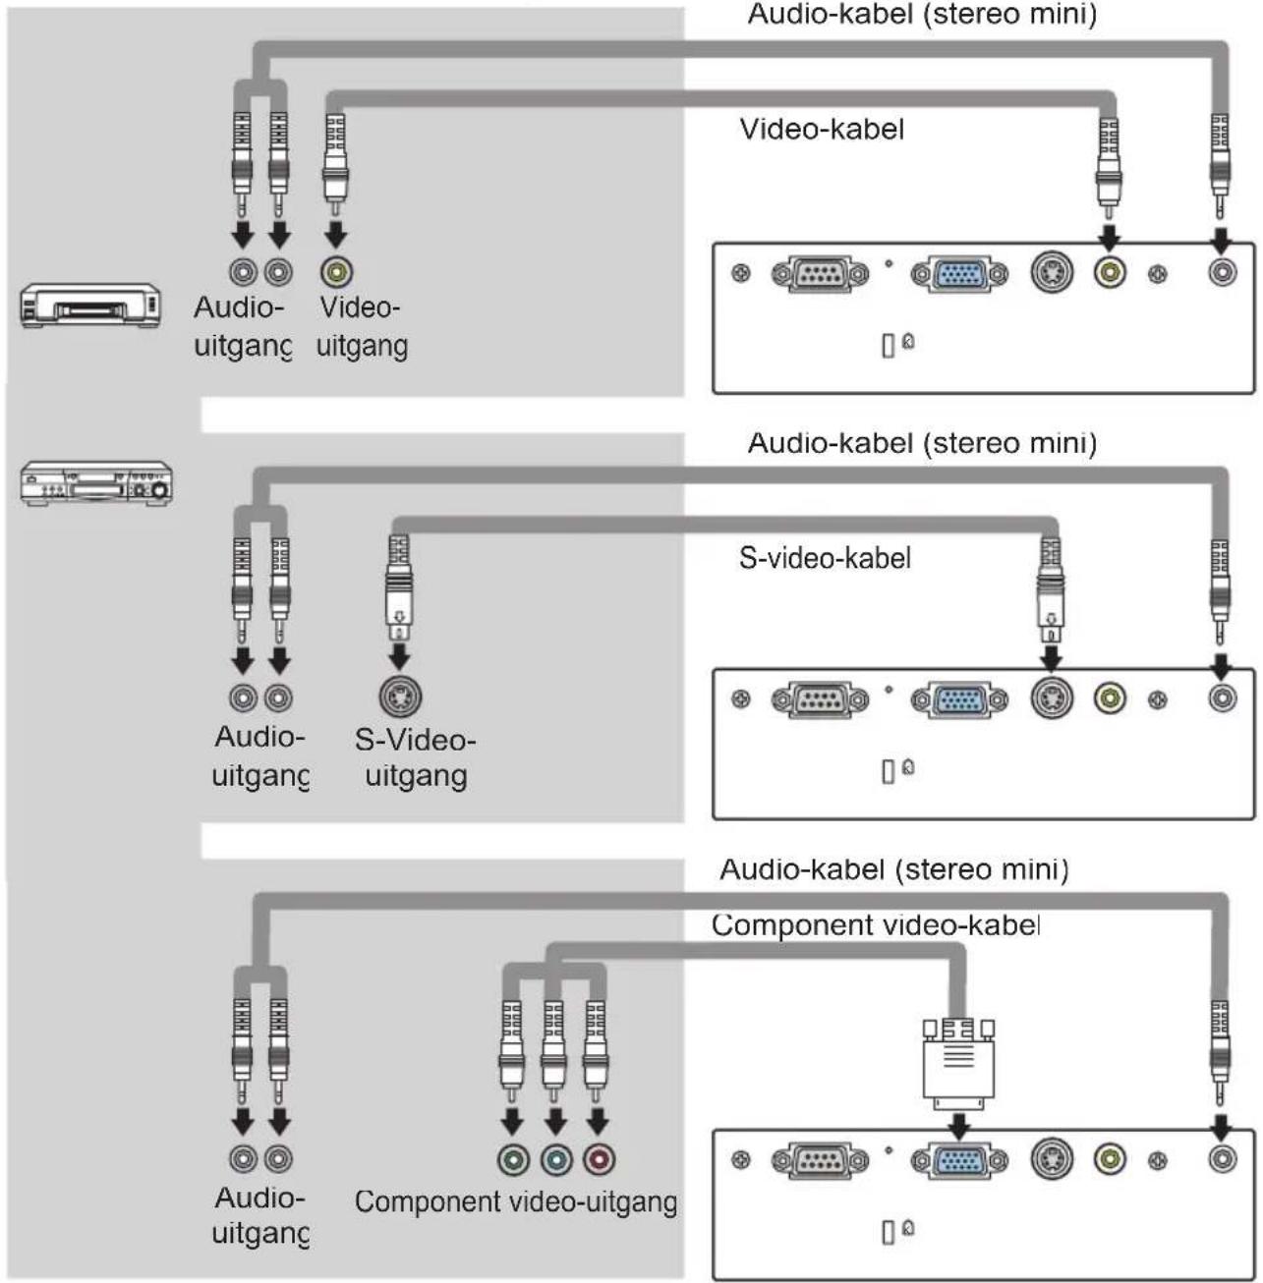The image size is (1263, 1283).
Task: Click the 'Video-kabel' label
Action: click(x=822, y=129)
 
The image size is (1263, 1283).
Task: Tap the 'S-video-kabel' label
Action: click(x=825, y=557)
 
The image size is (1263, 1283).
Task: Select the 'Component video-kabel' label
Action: click(x=876, y=924)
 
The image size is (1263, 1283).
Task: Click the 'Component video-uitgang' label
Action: click(x=516, y=1201)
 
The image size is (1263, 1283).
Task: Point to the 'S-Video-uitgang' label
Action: click(x=416, y=757)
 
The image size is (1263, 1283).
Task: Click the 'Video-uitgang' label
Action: click(x=362, y=326)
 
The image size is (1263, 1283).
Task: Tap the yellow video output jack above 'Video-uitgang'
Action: click(x=336, y=272)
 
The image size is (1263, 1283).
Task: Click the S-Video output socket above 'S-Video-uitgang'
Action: click(x=400, y=697)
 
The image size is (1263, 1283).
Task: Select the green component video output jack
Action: click(x=513, y=1159)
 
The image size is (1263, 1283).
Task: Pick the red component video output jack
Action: click(x=599, y=1159)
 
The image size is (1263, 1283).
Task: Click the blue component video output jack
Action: click(x=555, y=1159)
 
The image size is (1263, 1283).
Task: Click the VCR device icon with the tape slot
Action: click(x=89, y=306)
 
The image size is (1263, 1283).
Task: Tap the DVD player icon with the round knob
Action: click(x=96, y=483)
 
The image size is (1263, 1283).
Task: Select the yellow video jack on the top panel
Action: click(x=1110, y=272)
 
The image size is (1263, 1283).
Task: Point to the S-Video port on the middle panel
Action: click(x=1052, y=697)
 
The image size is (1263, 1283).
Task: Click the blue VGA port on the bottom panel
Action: click(x=959, y=1160)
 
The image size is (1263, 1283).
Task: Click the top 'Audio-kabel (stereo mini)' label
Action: click(x=922, y=14)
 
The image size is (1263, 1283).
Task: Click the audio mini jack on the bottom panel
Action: click(x=1223, y=1158)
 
